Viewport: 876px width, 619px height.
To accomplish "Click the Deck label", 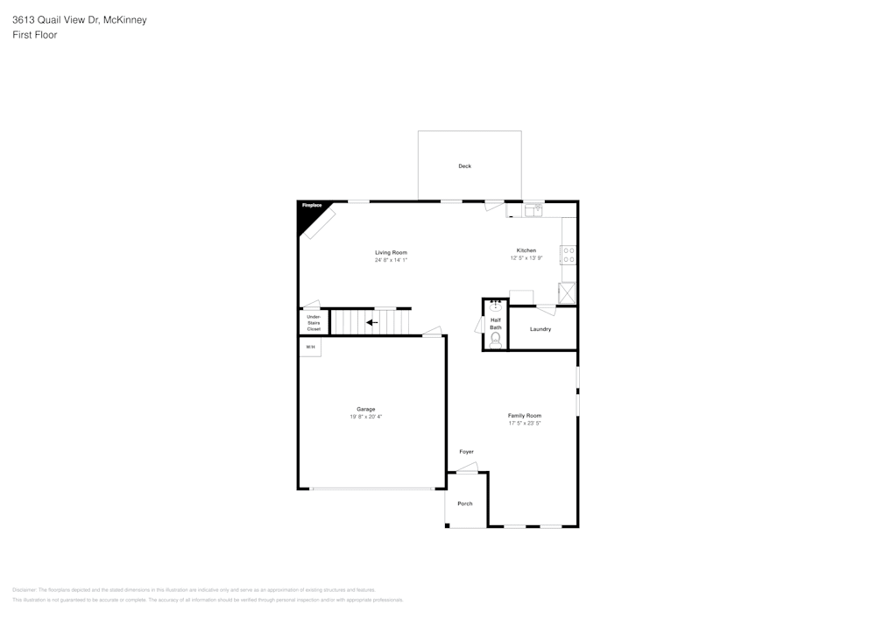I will tap(464, 166).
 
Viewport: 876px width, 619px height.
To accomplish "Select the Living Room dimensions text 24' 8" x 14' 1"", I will tap(391, 260).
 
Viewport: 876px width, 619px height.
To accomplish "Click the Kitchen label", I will tap(526, 250).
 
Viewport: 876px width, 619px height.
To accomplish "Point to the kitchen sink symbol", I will tap(533, 210).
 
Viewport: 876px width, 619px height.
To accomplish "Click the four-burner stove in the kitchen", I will tap(569, 255).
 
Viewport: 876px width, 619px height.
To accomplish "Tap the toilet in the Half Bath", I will tap(496, 338).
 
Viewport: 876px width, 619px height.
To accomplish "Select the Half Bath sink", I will tap(496, 306).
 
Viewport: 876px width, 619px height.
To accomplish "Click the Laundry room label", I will tap(540, 329).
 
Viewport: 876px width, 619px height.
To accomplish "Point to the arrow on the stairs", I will tap(372, 322).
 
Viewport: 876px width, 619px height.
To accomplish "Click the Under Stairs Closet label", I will tap(314, 323).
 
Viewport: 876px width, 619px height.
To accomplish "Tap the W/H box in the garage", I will tap(310, 348).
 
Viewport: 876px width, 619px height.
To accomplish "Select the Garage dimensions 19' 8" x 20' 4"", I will tap(365, 417).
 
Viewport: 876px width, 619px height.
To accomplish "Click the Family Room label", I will tap(525, 415).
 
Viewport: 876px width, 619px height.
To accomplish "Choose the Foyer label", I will tap(466, 452).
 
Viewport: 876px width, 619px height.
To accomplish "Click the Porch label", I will tap(465, 503).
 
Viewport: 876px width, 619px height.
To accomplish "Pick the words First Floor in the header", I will tap(34, 35).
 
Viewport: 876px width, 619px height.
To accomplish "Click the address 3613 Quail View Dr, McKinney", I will tap(80, 19).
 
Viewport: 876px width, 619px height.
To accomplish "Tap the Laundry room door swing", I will tap(546, 309).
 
